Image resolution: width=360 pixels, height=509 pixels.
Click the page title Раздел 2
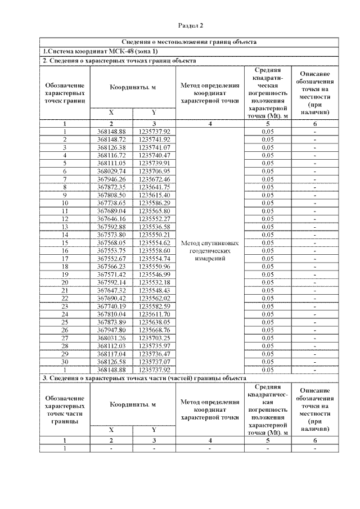(190, 25)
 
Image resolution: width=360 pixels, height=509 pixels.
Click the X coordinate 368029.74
(111, 170)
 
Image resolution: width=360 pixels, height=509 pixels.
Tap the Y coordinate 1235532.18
(154, 282)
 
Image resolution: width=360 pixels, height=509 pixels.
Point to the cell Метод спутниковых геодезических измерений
(209, 250)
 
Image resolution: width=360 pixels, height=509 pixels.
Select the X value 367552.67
(111, 258)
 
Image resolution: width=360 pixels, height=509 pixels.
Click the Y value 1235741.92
(154, 139)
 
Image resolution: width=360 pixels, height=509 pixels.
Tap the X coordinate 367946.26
(111, 179)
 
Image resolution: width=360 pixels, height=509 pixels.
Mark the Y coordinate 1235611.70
(154, 314)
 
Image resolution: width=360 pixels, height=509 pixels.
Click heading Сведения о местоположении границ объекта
(190, 42)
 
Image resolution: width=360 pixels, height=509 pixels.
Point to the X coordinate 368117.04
(111, 354)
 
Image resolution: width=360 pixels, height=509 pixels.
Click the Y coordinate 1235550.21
(154, 235)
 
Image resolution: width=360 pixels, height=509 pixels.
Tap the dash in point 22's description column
(315, 298)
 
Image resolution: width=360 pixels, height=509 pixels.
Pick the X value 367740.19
(111, 306)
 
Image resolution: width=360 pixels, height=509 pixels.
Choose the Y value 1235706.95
(154, 170)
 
